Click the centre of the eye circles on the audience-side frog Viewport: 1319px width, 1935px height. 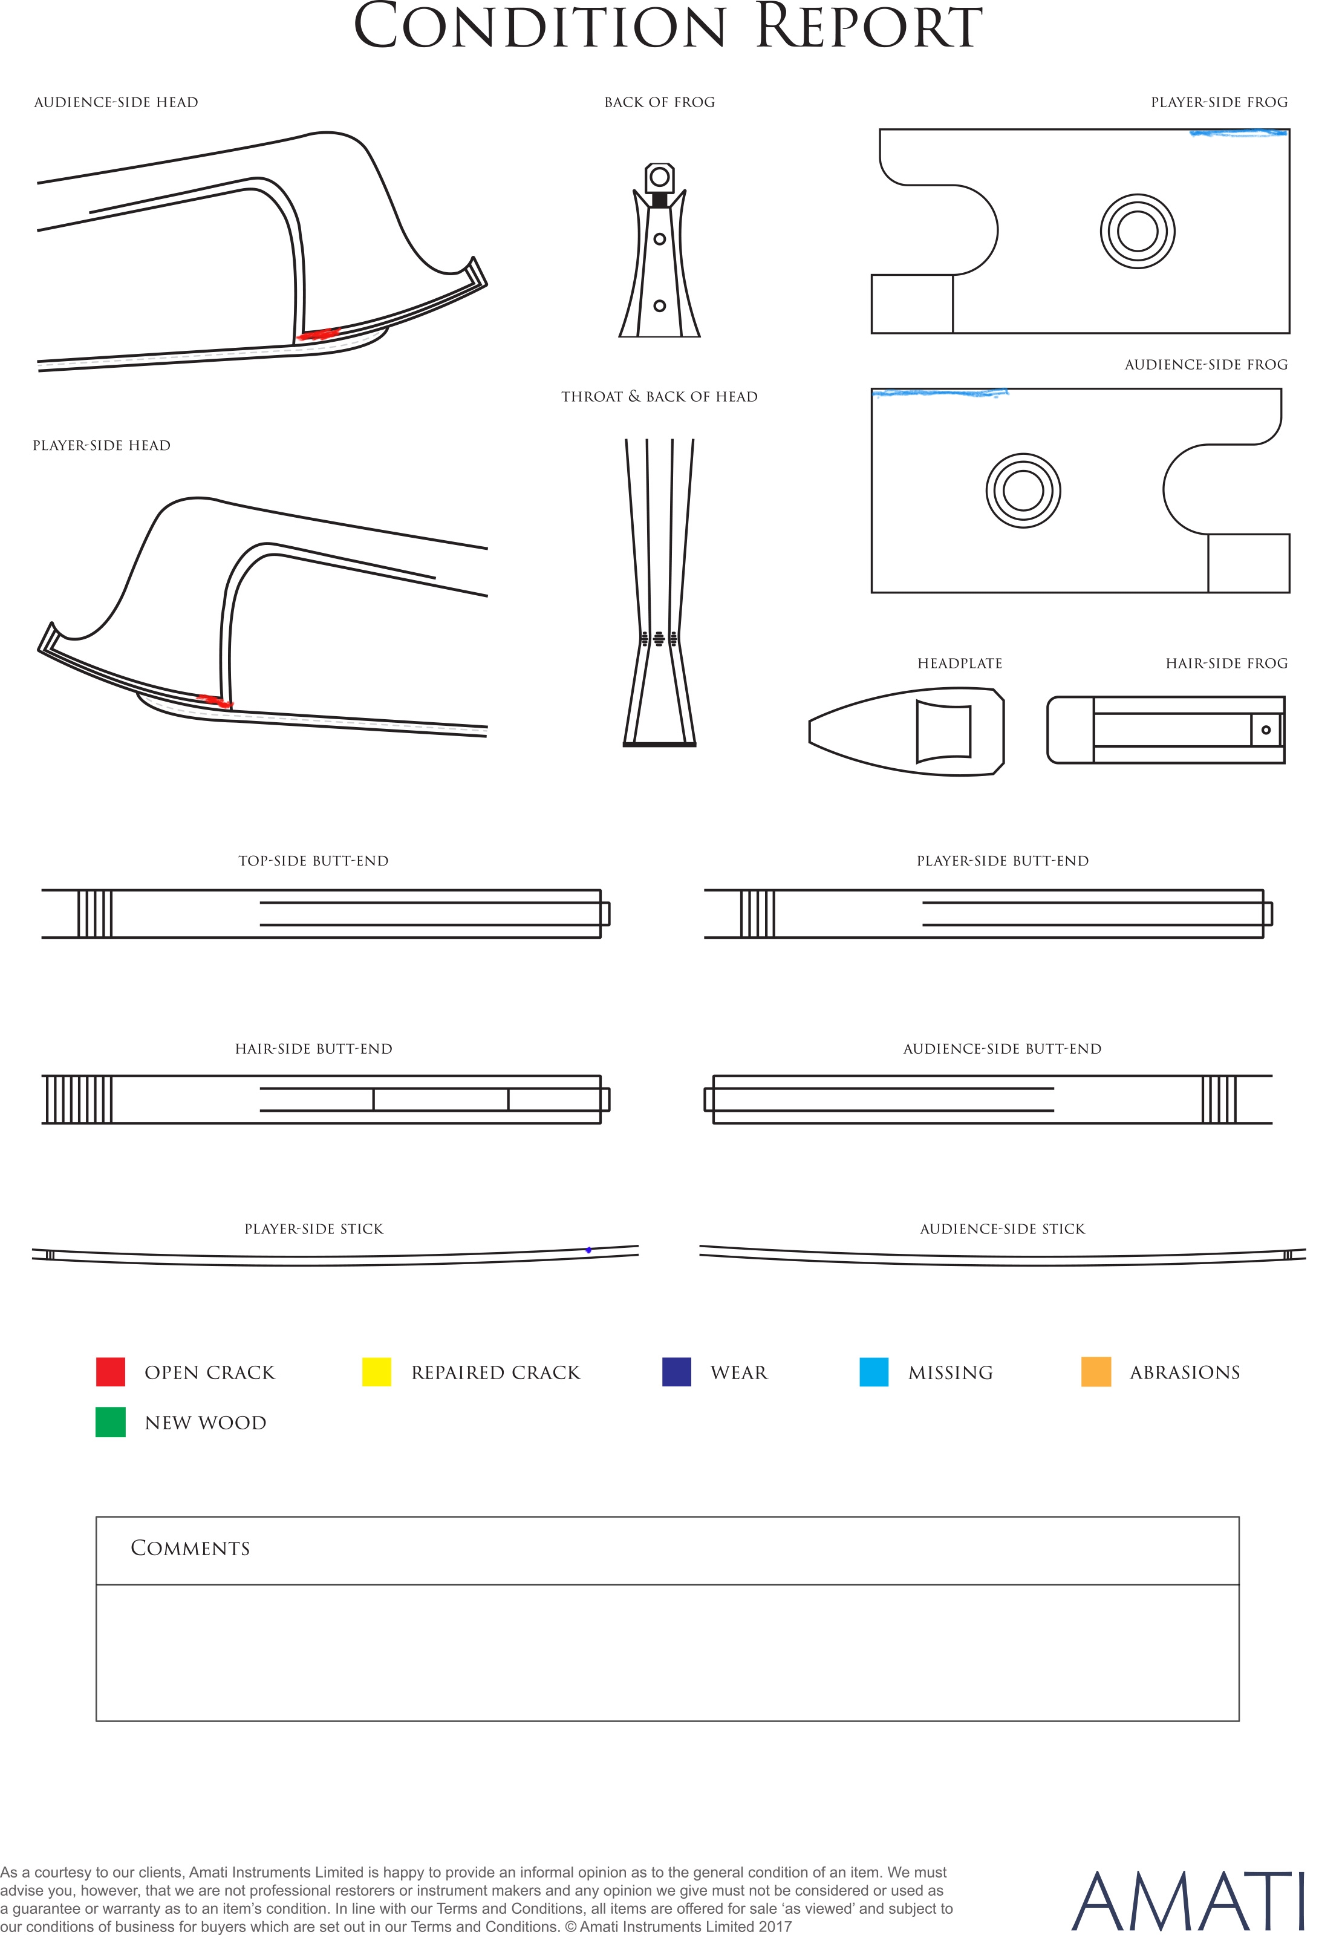click(1023, 491)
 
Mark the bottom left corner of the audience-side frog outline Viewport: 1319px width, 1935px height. click(872, 592)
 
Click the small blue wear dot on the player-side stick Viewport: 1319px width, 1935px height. click(588, 1250)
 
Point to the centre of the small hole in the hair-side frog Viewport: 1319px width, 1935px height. click(1266, 730)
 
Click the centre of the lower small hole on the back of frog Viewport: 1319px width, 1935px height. click(659, 305)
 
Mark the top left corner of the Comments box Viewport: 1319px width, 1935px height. click(97, 1517)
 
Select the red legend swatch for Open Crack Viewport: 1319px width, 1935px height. click(111, 1371)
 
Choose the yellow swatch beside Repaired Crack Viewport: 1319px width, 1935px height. click(376, 1371)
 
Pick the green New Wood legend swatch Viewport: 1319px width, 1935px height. click(111, 1422)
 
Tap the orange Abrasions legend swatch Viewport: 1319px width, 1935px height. click(1096, 1371)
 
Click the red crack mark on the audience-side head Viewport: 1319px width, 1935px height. click(319, 334)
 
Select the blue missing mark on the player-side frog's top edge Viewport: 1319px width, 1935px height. click(1239, 132)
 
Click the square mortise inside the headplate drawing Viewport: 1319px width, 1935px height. click(943, 731)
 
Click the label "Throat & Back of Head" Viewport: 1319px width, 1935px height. click(659, 396)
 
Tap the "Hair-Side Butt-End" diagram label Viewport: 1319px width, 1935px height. click(313, 1049)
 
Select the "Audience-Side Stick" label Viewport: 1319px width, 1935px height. click(1003, 1229)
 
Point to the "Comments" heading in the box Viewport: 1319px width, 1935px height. click(190, 1548)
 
